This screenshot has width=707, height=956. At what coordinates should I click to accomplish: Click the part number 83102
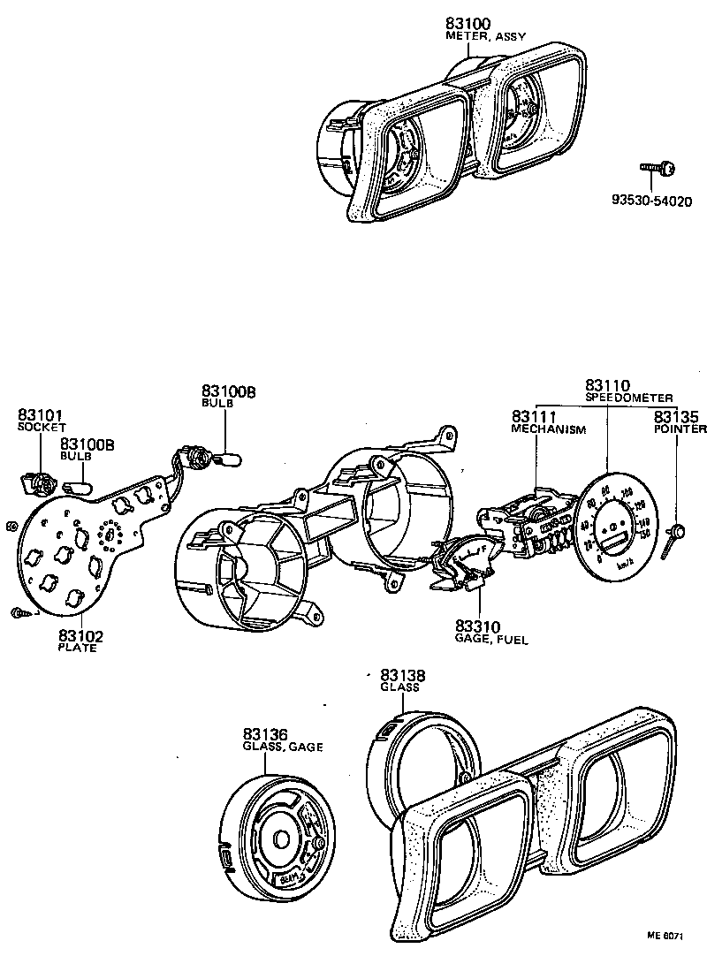click(81, 634)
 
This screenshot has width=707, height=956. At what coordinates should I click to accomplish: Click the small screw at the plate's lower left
click(19, 612)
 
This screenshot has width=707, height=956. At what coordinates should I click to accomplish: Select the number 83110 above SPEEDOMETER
click(607, 385)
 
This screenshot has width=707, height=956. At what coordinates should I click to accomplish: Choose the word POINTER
click(680, 429)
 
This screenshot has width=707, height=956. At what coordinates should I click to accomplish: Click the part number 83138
click(403, 674)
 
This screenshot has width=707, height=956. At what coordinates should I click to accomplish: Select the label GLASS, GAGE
click(283, 747)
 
